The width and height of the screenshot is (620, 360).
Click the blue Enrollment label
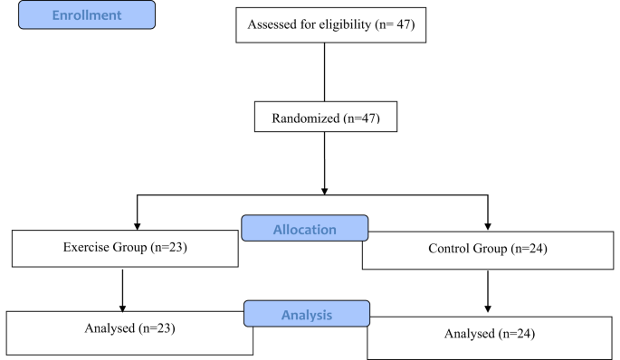pos(87,15)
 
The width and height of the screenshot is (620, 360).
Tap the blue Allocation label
pos(305,229)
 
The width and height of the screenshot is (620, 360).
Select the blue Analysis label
pos(305,315)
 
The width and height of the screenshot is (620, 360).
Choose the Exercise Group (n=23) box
pos(124,248)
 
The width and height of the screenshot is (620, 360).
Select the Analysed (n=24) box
pos(490,334)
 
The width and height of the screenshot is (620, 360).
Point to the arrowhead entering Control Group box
pos(488,224)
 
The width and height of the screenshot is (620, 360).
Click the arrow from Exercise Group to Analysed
pos(123,289)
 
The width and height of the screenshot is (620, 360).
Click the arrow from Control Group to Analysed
pos(489,291)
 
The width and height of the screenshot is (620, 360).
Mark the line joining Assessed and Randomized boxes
pos(325,72)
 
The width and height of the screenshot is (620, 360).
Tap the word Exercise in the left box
pos(87,248)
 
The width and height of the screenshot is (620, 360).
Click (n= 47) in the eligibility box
pos(395,26)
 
